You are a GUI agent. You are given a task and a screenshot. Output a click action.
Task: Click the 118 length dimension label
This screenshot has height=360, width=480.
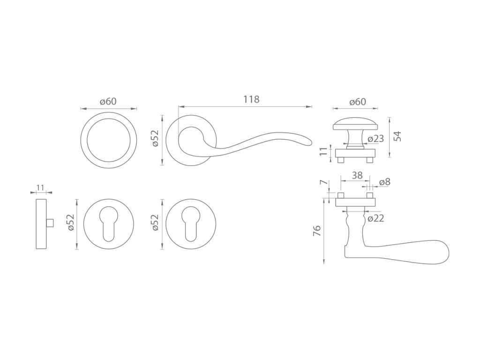[251, 99]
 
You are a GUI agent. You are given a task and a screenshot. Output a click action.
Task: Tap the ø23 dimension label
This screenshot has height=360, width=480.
[376, 139]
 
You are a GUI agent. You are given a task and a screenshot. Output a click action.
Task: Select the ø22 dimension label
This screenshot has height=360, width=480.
[375, 218]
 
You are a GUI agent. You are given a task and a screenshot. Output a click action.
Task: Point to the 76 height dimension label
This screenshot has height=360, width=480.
[317, 231]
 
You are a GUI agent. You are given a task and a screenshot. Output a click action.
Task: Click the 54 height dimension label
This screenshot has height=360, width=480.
[397, 136]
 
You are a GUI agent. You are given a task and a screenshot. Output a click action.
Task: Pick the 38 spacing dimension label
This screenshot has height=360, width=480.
[357, 175]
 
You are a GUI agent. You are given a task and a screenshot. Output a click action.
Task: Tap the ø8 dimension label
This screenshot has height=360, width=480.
[385, 182]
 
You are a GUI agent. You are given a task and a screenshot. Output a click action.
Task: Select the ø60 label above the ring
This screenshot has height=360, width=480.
[108, 101]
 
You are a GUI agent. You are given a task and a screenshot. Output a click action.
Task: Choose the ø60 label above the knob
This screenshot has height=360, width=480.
[358, 102]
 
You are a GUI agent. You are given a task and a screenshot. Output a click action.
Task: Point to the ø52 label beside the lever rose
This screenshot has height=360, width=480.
[156, 138]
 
